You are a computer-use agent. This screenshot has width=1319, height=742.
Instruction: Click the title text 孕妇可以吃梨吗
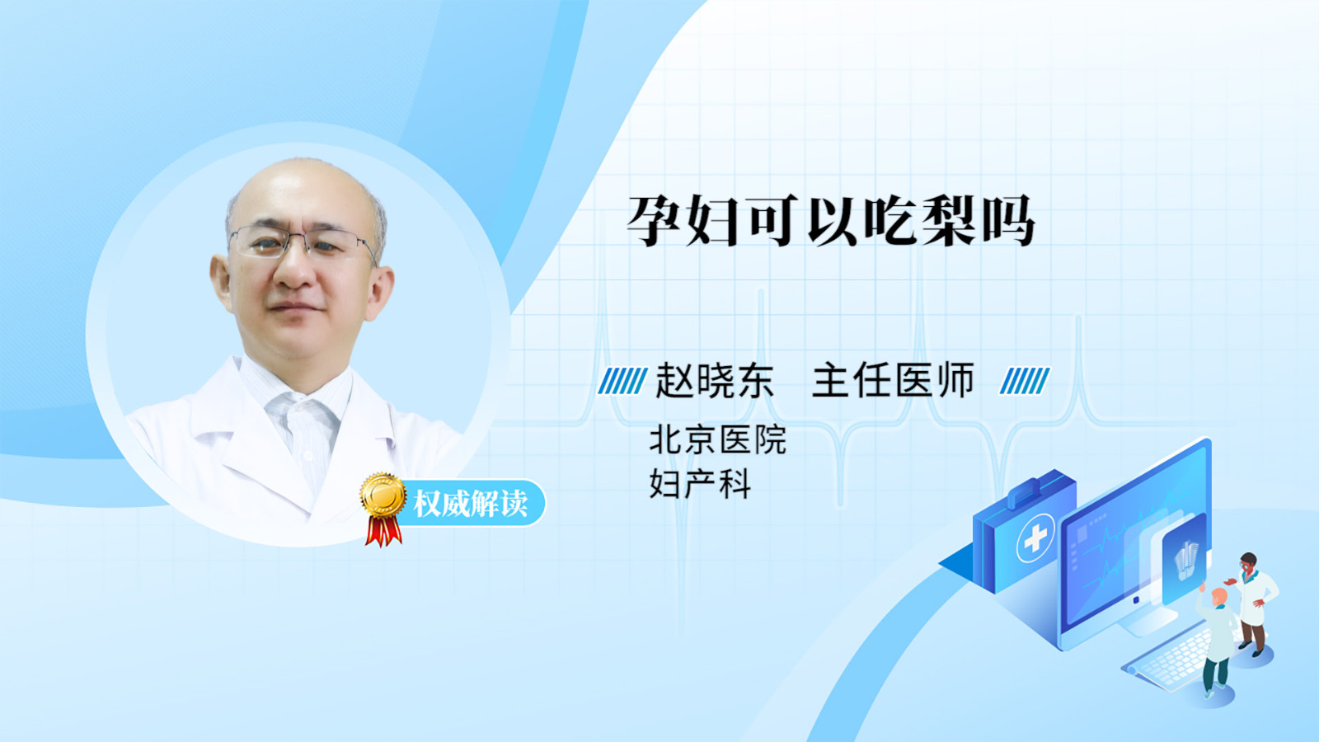(x=831, y=221)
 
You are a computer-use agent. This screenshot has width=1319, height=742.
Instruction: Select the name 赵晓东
(x=714, y=381)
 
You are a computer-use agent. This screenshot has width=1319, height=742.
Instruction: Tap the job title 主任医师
(x=893, y=381)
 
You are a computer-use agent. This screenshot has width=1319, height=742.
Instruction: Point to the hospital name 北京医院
(x=717, y=440)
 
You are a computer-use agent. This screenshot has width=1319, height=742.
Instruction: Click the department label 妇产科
(x=700, y=484)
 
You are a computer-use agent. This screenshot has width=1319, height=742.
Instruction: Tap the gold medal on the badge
(x=383, y=495)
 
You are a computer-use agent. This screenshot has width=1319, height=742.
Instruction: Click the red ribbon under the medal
(x=383, y=531)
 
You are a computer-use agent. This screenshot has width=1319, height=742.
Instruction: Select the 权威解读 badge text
(x=470, y=504)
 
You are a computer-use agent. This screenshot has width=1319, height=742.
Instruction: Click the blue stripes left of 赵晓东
(x=622, y=381)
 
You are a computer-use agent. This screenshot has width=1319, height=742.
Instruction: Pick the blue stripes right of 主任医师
(x=1025, y=381)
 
